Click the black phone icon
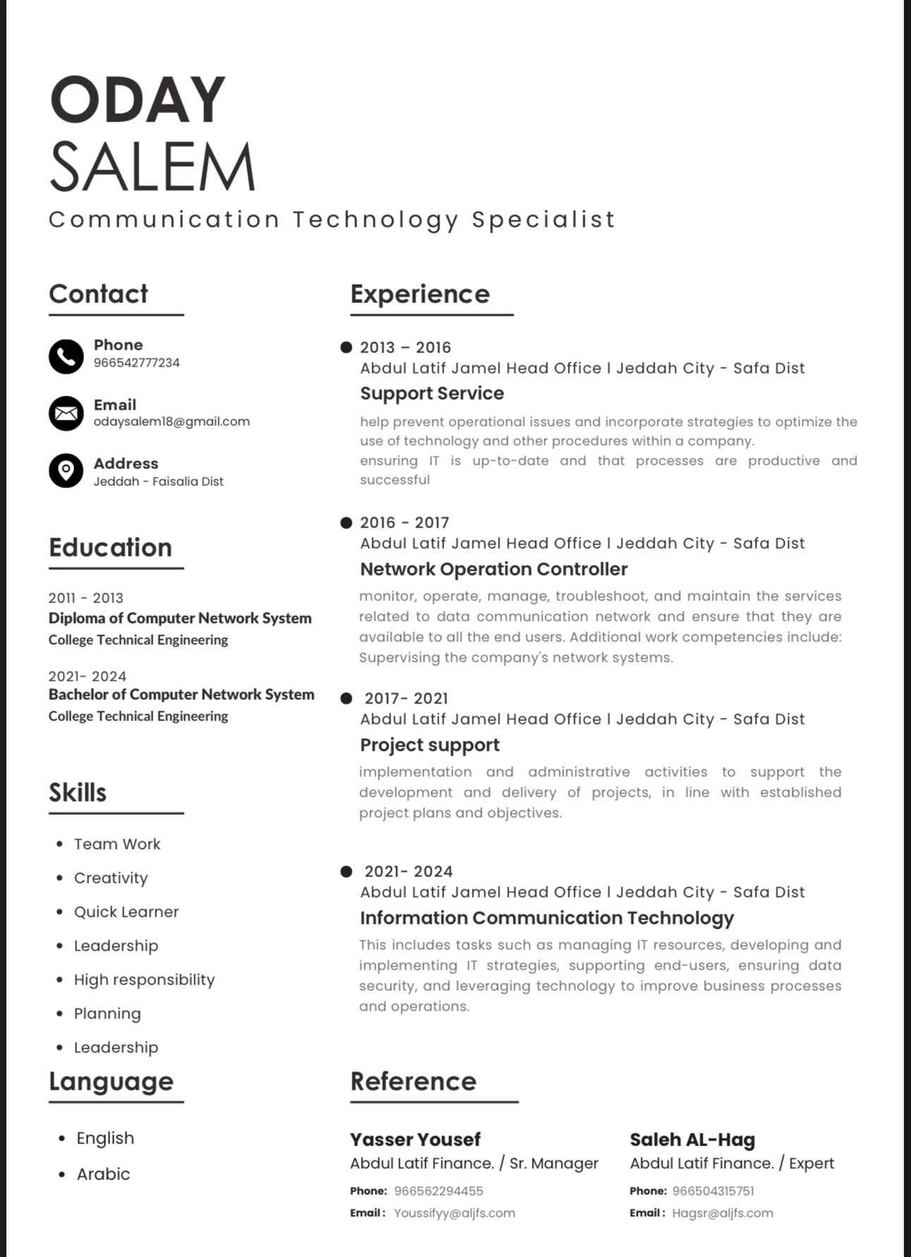(x=66, y=356)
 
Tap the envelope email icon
(x=66, y=413)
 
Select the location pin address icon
(x=66, y=470)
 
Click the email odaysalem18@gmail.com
(x=172, y=422)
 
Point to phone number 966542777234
(x=137, y=363)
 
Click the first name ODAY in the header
(x=138, y=100)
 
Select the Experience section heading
(x=419, y=294)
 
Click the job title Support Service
(x=432, y=393)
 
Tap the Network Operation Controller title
(x=494, y=569)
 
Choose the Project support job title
(x=429, y=745)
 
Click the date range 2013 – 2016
(x=405, y=347)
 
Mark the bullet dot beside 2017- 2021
(x=346, y=698)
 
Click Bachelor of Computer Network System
(x=181, y=695)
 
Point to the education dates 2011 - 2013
(x=86, y=598)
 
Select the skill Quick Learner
(x=126, y=912)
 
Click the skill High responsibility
(x=144, y=979)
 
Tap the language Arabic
(x=103, y=1174)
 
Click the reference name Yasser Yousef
(x=415, y=1139)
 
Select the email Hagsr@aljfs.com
(x=722, y=1213)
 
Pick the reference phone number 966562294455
(x=439, y=1191)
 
